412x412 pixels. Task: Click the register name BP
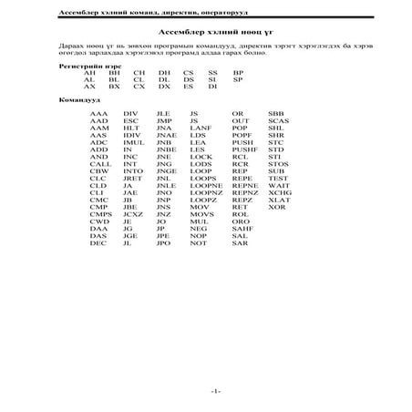(238, 72)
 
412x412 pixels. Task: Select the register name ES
(188, 87)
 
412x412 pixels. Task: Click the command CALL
(100, 164)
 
